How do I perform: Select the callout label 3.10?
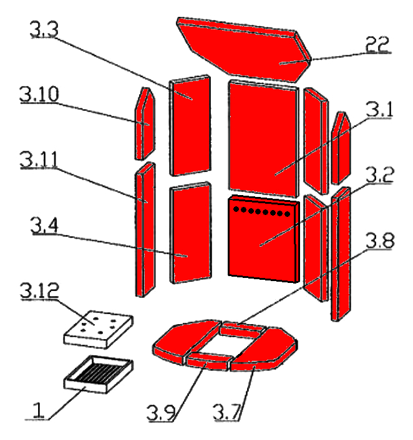(38, 95)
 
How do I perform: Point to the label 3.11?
(38, 160)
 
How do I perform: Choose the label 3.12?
(38, 290)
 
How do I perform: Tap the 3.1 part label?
(381, 111)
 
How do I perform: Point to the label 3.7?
(227, 412)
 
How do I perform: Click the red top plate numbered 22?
(243, 47)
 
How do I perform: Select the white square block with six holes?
(100, 328)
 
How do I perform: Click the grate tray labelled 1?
(100, 373)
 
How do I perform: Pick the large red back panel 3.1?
(265, 137)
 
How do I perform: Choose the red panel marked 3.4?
(190, 234)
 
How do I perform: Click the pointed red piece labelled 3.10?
(144, 125)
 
